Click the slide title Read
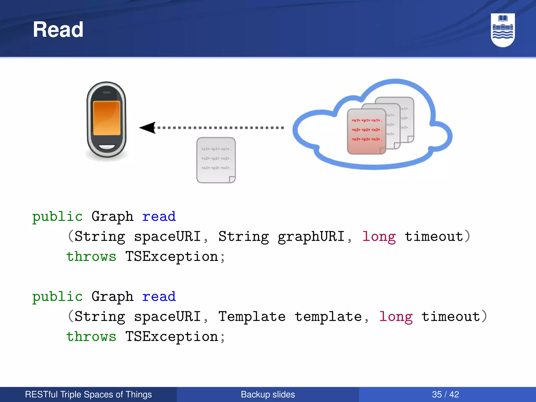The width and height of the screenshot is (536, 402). click(x=58, y=30)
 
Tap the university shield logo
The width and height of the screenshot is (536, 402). click(x=502, y=30)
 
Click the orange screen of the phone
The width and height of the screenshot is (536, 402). click(x=107, y=118)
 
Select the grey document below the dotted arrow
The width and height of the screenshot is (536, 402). click(x=216, y=160)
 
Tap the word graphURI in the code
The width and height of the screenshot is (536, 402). click(x=311, y=237)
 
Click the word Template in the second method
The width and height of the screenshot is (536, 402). click(x=252, y=317)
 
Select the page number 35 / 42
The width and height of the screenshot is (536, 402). click(x=445, y=394)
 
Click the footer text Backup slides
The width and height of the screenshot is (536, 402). click(x=268, y=394)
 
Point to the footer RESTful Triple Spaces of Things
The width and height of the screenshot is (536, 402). click(x=88, y=394)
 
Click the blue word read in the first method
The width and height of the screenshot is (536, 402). click(x=159, y=217)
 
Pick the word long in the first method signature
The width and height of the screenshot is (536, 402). click(x=379, y=237)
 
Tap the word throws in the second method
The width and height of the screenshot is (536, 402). click(x=91, y=337)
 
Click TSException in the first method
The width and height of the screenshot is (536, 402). click(x=172, y=256)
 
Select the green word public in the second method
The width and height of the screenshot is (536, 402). click(x=57, y=297)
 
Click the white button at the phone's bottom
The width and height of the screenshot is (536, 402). click(x=107, y=147)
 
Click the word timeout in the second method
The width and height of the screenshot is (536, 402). click(x=451, y=317)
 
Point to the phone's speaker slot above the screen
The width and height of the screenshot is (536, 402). click(x=107, y=92)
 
